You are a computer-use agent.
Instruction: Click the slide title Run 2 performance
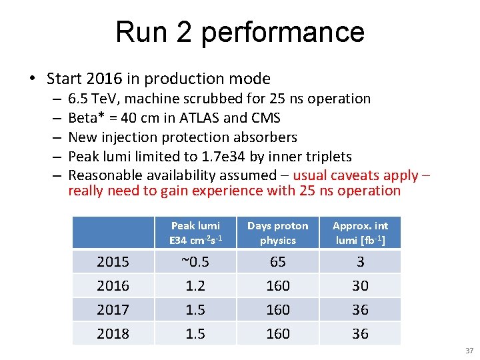[240, 32]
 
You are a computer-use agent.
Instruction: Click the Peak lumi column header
[195, 233]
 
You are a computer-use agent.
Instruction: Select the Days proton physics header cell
[277, 233]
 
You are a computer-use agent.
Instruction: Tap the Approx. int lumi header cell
[360, 233]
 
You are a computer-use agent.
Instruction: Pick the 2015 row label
[113, 262]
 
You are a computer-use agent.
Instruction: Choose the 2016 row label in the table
[113, 286]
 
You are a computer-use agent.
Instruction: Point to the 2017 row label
[113, 310]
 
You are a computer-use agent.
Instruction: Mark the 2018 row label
[113, 333]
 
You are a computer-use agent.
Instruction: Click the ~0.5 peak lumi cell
[195, 262]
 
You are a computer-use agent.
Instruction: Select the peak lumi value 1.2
[195, 286]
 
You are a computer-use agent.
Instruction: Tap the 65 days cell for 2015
[277, 262]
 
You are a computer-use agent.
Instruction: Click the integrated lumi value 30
[360, 286]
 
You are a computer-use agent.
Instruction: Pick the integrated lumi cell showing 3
[360, 262]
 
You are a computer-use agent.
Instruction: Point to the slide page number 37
[469, 351]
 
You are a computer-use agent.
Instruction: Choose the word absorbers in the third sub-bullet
[265, 137]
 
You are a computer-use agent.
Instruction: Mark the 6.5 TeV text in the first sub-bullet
[93, 99]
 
